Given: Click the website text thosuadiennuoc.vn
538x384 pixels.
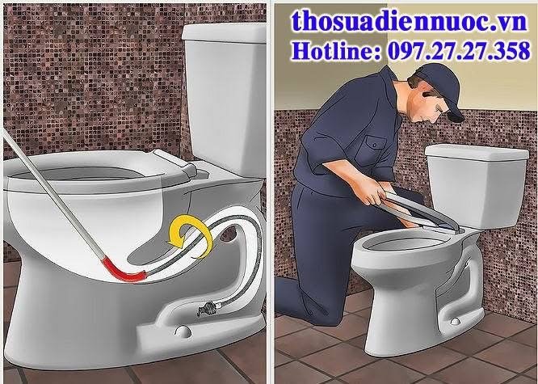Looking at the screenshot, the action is tap(410, 20).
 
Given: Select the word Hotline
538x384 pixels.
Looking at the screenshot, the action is tap(335, 51).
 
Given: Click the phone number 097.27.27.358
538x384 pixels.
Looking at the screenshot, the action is tap(459, 51).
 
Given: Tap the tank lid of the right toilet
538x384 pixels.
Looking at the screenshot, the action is tap(477, 151).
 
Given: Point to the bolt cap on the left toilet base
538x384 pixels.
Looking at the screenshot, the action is tap(183, 331).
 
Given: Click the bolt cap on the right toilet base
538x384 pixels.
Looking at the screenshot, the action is tap(456, 321).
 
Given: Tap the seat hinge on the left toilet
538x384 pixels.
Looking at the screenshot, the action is tap(177, 162).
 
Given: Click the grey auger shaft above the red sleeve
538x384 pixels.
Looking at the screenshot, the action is tap(53, 196).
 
